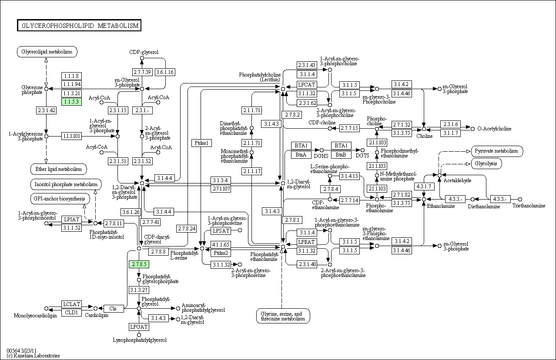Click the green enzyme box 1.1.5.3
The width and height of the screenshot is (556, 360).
pyautogui.click(x=71, y=102)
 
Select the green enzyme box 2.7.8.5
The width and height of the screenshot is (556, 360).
pyautogui.click(x=139, y=264)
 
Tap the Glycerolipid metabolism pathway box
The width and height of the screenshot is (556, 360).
pyautogui.click(x=47, y=52)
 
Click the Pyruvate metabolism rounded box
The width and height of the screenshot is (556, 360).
pyautogui.click(x=497, y=151)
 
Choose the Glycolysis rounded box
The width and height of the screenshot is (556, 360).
pyautogui.click(x=486, y=163)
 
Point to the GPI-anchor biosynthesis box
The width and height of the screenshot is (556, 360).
pyautogui.click(x=60, y=199)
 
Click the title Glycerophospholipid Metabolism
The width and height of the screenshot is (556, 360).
pyautogui.click(x=79, y=25)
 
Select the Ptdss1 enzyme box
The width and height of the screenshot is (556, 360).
pyautogui.click(x=201, y=143)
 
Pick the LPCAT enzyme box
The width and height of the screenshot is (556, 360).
pyautogui.click(x=307, y=85)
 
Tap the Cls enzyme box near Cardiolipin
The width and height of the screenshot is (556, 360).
pyautogui.click(x=113, y=308)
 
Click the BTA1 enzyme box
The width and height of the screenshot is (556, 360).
pyautogui.click(x=301, y=146)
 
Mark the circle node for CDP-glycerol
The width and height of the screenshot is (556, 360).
pyautogui.click(x=142, y=58)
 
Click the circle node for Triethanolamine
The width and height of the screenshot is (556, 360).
pyautogui.click(x=520, y=199)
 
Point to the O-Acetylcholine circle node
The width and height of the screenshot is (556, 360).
pyautogui.click(x=472, y=129)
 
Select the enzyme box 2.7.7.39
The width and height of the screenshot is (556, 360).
pyautogui.click(x=142, y=72)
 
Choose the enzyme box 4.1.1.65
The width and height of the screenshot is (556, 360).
pyautogui.click(x=221, y=245)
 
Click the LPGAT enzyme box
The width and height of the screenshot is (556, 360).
pyautogui.click(x=139, y=327)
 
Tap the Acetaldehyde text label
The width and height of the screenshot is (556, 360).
pyautogui.click(x=457, y=180)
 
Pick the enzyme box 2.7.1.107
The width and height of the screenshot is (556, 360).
pyautogui.click(x=221, y=189)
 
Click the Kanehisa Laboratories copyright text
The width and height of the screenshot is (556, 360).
pyautogui.click(x=33, y=356)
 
